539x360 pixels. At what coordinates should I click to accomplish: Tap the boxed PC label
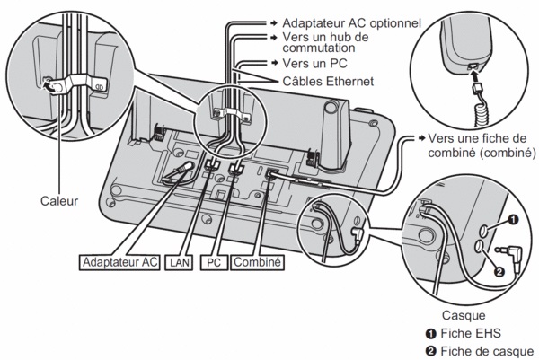tap(212, 263)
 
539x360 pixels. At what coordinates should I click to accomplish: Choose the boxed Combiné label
tap(257, 263)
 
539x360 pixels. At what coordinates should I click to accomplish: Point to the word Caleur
tap(58, 201)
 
